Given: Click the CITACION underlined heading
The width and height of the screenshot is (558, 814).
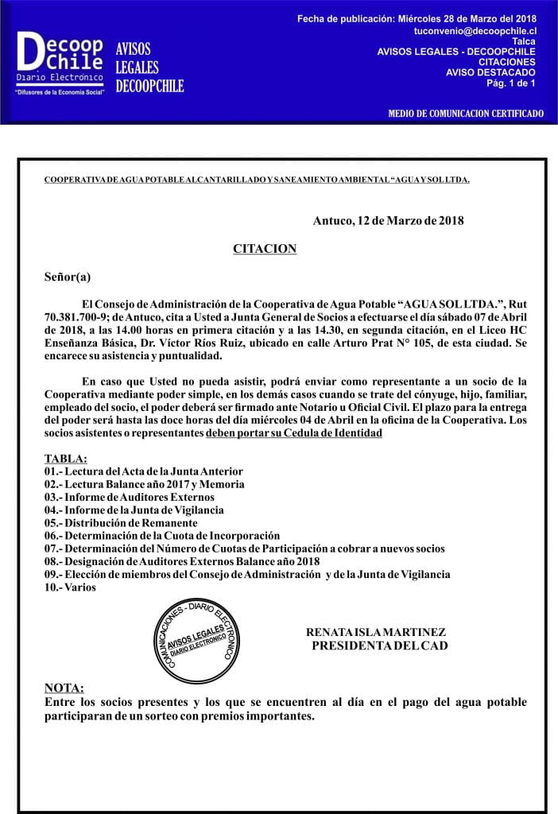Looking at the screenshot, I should [x=265, y=249].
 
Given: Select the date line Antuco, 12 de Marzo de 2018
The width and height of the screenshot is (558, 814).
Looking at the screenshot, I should [x=388, y=220].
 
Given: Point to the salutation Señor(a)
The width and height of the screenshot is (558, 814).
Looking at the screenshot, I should [x=68, y=277].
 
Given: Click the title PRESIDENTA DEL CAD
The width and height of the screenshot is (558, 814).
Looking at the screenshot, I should [x=379, y=645].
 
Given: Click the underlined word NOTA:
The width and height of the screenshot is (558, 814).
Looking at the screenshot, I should [x=64, y=688].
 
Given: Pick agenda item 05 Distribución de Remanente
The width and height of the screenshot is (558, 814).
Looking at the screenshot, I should [x=121, y=523].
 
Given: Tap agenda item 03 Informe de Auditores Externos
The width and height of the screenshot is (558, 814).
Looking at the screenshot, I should [x=130, y=497].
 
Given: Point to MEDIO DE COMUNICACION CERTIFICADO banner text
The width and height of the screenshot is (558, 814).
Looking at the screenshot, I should [x=466, y=114].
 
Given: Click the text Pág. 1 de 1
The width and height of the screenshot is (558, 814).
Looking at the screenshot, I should [x=510, y=83].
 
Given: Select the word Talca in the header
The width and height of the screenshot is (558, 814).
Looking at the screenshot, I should [x=524, y=41].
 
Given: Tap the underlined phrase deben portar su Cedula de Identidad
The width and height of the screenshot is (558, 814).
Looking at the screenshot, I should [x=294, y=433].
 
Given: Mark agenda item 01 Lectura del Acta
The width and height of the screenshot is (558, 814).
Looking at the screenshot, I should [x=143, y=471].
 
